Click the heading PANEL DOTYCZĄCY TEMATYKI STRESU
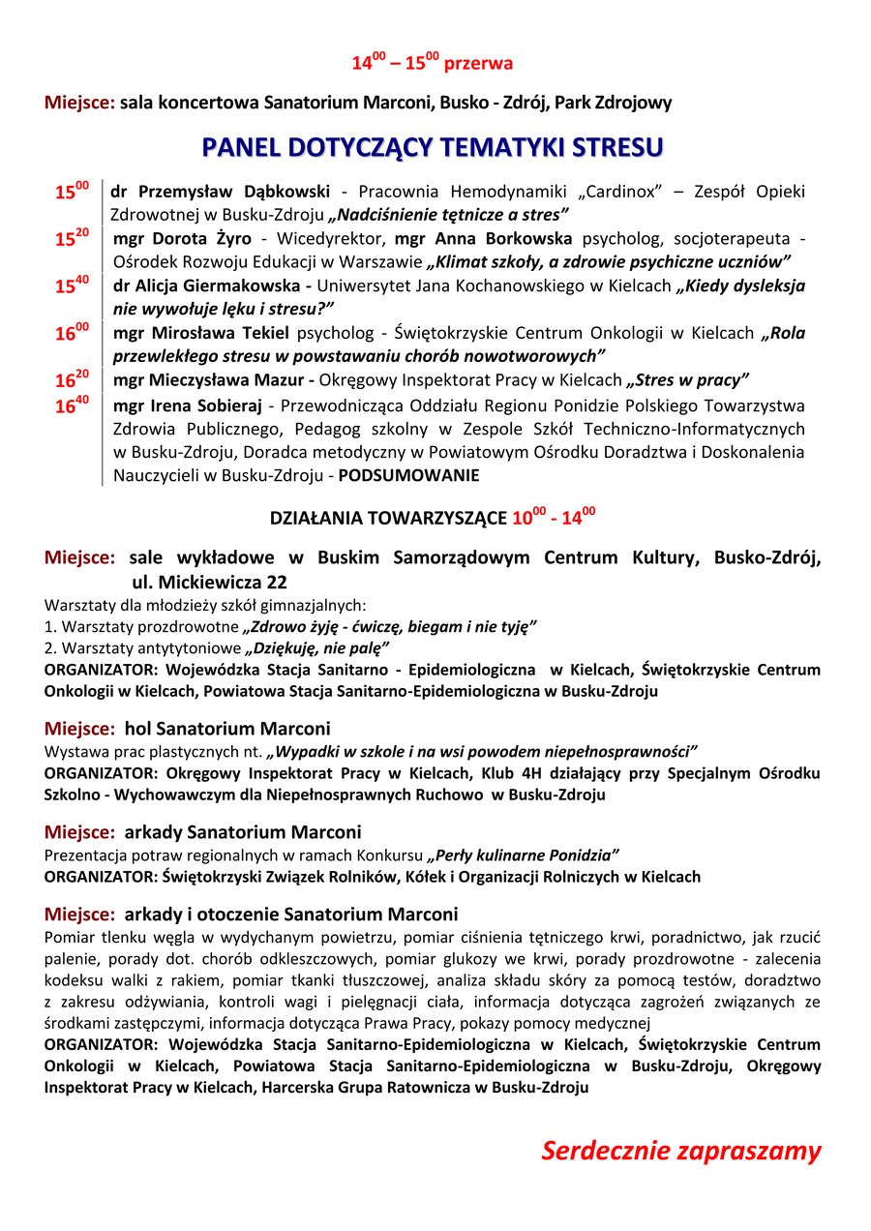tap(433, 147)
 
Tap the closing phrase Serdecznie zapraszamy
tap(680, 1151)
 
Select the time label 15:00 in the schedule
tap(72, 192)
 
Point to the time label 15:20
tap(72, 238)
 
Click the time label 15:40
tap(72, 285)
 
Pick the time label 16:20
tap(72, 380)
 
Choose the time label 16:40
tap(72, 406)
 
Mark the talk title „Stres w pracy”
tap(688, 380)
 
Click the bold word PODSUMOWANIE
tap(408, 475)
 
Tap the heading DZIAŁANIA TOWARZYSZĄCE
tap(388, 519)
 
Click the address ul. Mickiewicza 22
tap(209, 583)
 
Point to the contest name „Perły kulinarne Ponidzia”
tap(524, 856)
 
